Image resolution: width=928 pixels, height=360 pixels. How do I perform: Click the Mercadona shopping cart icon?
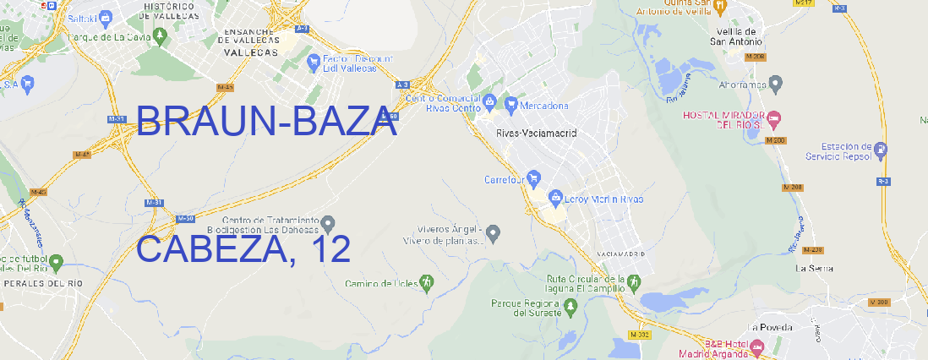(511, 105)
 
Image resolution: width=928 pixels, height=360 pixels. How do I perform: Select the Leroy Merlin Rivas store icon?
(555, 199)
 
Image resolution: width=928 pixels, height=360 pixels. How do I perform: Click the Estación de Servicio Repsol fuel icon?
(882, 150)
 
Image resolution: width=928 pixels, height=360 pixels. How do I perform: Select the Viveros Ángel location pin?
(494, 232)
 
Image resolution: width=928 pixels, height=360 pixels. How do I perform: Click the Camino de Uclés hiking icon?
(427, 282)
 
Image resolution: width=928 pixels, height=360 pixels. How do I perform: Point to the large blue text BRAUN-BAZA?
(266, 123)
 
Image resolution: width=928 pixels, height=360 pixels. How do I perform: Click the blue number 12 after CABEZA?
(330, 249)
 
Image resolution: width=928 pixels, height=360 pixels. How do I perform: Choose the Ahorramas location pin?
(776, 84)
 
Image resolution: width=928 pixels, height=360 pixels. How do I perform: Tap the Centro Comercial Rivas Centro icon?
(489, 102)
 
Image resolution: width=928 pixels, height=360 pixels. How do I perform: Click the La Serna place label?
(814, 268)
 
